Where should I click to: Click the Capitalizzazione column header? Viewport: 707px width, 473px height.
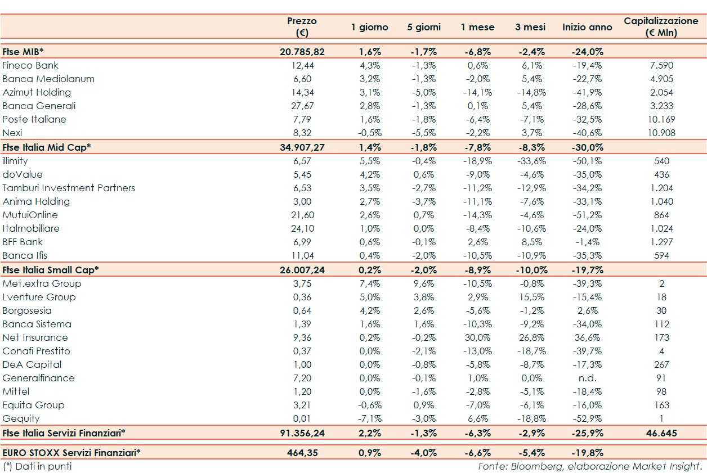(x=661, y=26)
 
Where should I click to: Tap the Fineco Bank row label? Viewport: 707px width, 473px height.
(x=30, y=65)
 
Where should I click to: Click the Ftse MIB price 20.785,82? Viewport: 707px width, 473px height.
(x=302, y=52)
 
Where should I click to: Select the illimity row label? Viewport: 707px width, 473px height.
(x=15, y=161)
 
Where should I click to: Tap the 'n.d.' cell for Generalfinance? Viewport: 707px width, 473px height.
(x=588, y=378)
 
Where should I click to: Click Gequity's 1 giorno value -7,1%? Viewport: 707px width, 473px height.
(x=370, y=418)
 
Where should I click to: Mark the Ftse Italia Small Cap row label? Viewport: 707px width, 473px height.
(x=51, y=269)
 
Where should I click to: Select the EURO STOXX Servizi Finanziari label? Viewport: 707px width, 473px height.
(x=71, y=452)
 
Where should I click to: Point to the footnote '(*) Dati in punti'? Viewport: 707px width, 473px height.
(x=37, y=466)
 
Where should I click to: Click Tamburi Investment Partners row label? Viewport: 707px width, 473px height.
(x=69, y=188)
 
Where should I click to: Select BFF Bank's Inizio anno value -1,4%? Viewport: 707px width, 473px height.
(x=588, y=242)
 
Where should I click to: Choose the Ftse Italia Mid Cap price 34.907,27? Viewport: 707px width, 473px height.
(x=302, y=147)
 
